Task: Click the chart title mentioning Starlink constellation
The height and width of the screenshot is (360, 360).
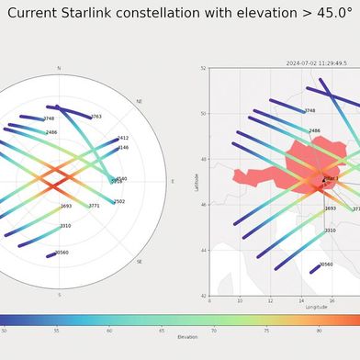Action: pyautogui.click(x=180, y=14)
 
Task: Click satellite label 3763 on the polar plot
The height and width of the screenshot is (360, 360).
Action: pyautogui.click(x=96, y=117)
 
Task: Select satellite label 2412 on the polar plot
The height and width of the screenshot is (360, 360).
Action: pyautogui.click(x=123, y=138)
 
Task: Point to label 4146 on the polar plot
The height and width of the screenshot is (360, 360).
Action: pyautogui.click(x=123, y=147)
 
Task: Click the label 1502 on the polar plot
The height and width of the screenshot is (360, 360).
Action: pyautogui.click(x=119, y=201)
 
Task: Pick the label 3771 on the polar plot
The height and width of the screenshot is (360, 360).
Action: pyautogui.click(x=94, y=206)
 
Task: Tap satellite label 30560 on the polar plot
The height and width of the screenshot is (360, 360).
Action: pyautogui.click(x=62, y=253)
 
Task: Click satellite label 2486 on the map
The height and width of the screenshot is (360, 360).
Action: pyautogui.click(x=314, y=130)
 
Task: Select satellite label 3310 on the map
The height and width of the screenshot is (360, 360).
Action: pyautogui.click(x=330, y=230)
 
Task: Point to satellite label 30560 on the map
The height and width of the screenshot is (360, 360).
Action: pyautogui.click(x=326, y=264)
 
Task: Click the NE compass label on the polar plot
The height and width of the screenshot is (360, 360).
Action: pyautogui.click(x=140, y=101)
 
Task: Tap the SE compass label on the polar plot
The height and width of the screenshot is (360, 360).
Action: pyautogui.click(x=140, y=262)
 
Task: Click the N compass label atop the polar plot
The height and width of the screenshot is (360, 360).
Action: pyautogui.click(x=59, y=68)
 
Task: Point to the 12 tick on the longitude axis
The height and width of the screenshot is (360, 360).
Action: pyautogui.click(x=270, y=300)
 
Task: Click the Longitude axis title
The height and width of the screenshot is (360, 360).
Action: pyautogui.click(x=316, y=307)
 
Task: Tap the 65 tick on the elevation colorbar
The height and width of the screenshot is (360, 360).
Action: pyautogui.click(x=162, y=330)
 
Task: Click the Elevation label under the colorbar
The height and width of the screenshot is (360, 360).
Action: pyautogui.click(x=187, y=337)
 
